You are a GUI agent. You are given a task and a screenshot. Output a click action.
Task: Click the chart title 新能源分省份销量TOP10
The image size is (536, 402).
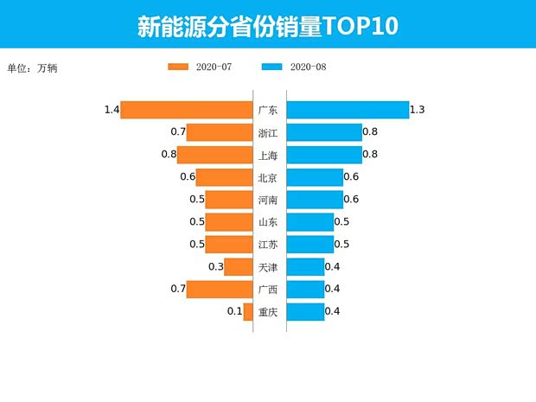pyautogui.click(x=268, y=26)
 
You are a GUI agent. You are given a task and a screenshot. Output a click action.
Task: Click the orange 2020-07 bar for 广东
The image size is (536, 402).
pyautogui.click(x=186, y=110)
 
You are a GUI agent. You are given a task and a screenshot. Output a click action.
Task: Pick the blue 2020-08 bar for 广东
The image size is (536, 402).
pyautogui.click(x=348, y=110)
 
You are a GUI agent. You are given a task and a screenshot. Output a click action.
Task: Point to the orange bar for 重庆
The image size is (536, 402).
pyautogui.click(x=248, y=312)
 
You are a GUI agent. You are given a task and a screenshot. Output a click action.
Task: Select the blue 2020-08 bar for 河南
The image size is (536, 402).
pyautogui.click(x=315, y=200)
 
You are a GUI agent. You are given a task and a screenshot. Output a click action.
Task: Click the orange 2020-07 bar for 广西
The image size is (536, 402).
pyautogui.click(x=220, y=290)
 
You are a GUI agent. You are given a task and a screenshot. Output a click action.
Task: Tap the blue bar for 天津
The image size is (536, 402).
pyautogui.click(x=305, y=267)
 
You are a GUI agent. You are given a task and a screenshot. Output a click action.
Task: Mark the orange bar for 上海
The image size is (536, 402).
pyautogui.click(x=214, y=155)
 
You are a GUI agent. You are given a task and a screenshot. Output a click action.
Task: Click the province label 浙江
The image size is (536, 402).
pyautogui.click(x=268, y=133)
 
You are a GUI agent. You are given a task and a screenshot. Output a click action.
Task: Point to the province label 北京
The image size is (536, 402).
pyautogui.click(x=268, y=178)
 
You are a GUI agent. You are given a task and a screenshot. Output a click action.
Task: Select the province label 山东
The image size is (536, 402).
pyautogui.click(x=268, y=222)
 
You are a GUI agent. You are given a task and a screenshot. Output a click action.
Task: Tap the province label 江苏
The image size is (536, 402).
pyautogui.click(x=268, y=245)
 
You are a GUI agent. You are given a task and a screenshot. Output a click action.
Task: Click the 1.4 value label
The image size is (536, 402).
pyautogui.click(x=111, y=110)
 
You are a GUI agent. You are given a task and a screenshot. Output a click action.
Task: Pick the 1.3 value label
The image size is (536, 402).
pyautogui.click(x=418, y=110)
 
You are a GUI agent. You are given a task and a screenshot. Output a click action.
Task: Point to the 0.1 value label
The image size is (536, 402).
pyautogui.click(x=234, y=312)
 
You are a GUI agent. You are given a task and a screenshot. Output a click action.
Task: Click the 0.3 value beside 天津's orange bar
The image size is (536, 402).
pyautogui.click(x=216, y=267)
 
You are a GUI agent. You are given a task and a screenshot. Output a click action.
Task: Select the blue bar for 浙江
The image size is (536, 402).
pyautogui.click(x=324, y=132)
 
